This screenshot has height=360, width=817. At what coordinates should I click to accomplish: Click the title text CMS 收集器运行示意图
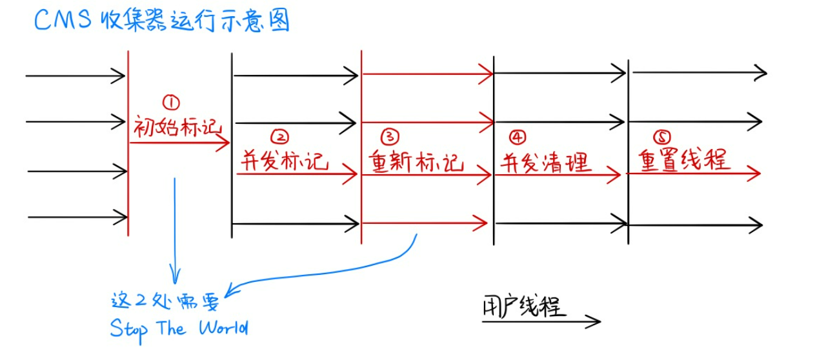pos(161,21)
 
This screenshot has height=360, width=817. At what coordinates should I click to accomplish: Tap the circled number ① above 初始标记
pos(171,102)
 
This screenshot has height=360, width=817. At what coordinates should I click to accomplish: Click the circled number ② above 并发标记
pos(279,136)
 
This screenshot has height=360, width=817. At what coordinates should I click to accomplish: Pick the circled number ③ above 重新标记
pos(390,136)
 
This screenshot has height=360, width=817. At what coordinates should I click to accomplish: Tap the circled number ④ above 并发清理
pos(517,136)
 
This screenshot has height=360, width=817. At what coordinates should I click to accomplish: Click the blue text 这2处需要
pos(165,301)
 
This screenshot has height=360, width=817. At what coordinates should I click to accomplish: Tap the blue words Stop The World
pos(179,328)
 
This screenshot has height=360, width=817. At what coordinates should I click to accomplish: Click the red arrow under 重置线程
pos(694,173)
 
